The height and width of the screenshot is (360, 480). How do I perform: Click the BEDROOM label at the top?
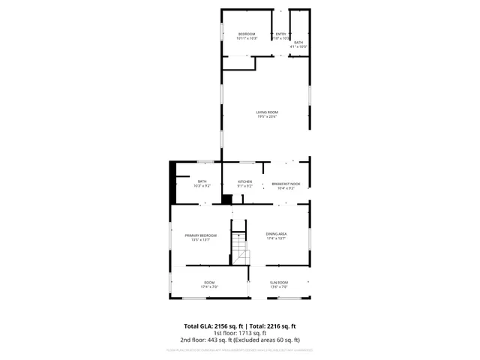click(x=247, y=34)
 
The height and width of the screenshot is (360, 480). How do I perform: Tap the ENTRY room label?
click(x=280, y=34)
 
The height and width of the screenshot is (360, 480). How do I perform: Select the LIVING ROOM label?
click(x=267, y=112)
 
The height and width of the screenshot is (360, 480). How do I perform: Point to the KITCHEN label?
click(x=244, y=181)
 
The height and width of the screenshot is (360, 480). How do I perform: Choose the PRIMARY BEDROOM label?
click(x=201, y=235)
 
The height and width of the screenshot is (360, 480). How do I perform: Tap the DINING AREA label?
click(x=277, y=234)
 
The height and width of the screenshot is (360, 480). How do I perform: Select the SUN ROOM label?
click(x=278, y=283)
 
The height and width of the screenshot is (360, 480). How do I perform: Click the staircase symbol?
click(x=238, y=248)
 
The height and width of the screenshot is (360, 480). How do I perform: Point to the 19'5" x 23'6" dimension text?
click(x=267, y=117)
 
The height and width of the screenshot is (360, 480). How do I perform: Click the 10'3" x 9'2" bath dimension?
click(x=202, y=185)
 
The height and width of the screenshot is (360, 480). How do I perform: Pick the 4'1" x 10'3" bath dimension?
click(x=298, y=46)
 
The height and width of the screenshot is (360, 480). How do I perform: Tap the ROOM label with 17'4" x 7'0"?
click(x=209, y=283)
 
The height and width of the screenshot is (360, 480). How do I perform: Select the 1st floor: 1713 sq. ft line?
click(x=240, y=332)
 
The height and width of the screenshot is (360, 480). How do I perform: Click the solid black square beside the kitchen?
click(x=226, y=199)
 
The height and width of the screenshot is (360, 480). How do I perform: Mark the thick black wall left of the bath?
click(x=172, y=182)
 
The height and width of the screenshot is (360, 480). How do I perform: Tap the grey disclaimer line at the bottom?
click(x=240, y=349)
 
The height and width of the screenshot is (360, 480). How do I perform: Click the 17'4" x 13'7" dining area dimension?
click(x=277, y=239)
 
